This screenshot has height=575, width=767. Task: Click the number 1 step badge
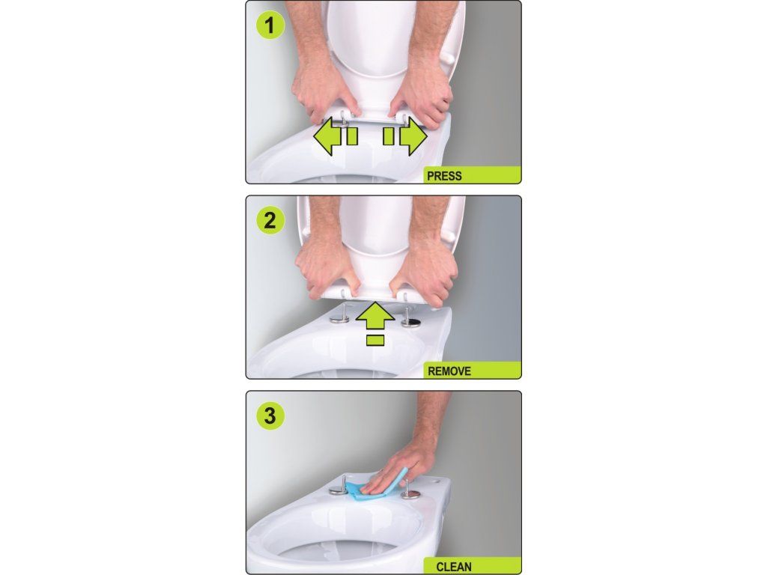(x=270, y=26)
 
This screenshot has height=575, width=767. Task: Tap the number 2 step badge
(x=270, y=221)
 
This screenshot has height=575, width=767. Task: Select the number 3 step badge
(x=270, y=416)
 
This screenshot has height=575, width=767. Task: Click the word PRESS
(x=444, y=176)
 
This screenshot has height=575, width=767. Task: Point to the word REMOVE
(x=449, y=371)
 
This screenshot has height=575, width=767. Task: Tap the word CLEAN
(x=453, y=567)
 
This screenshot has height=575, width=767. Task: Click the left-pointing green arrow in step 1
(x=336, y=136)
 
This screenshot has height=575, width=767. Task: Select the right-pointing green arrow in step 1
(x=405, y=136)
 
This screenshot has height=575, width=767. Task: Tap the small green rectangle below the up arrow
(x=375, y=341)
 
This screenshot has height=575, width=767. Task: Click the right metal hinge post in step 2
(x=410, y=317)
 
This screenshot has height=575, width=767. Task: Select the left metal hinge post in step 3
(x=339, y=489)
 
